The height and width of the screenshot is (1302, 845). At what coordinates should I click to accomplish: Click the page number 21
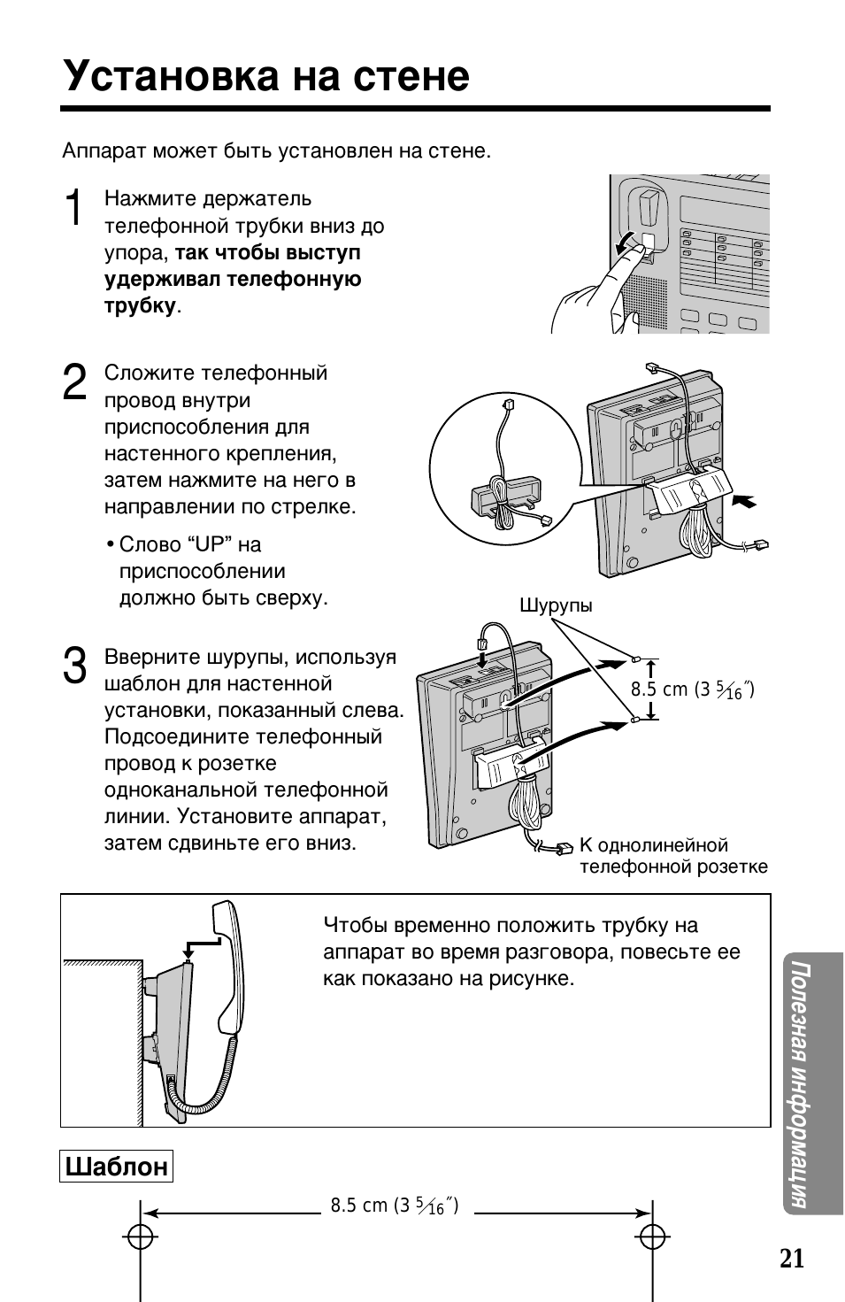point(792,1259)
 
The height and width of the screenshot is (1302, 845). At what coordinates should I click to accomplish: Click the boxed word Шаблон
point(116,1167)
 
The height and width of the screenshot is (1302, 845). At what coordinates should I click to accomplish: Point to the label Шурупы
point(556,605)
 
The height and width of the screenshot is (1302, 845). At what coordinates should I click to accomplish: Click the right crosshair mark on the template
point(652,1237)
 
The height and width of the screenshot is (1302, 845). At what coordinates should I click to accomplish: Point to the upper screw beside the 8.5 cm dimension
point(635,659)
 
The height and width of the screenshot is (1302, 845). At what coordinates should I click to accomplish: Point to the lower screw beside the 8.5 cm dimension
point(635,720)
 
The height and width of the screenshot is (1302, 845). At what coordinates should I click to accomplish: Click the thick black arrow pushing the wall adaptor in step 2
point(745,501)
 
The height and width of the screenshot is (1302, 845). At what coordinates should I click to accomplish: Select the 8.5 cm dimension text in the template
point(394,1206)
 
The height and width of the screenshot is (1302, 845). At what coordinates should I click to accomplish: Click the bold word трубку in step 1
point(140,306)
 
